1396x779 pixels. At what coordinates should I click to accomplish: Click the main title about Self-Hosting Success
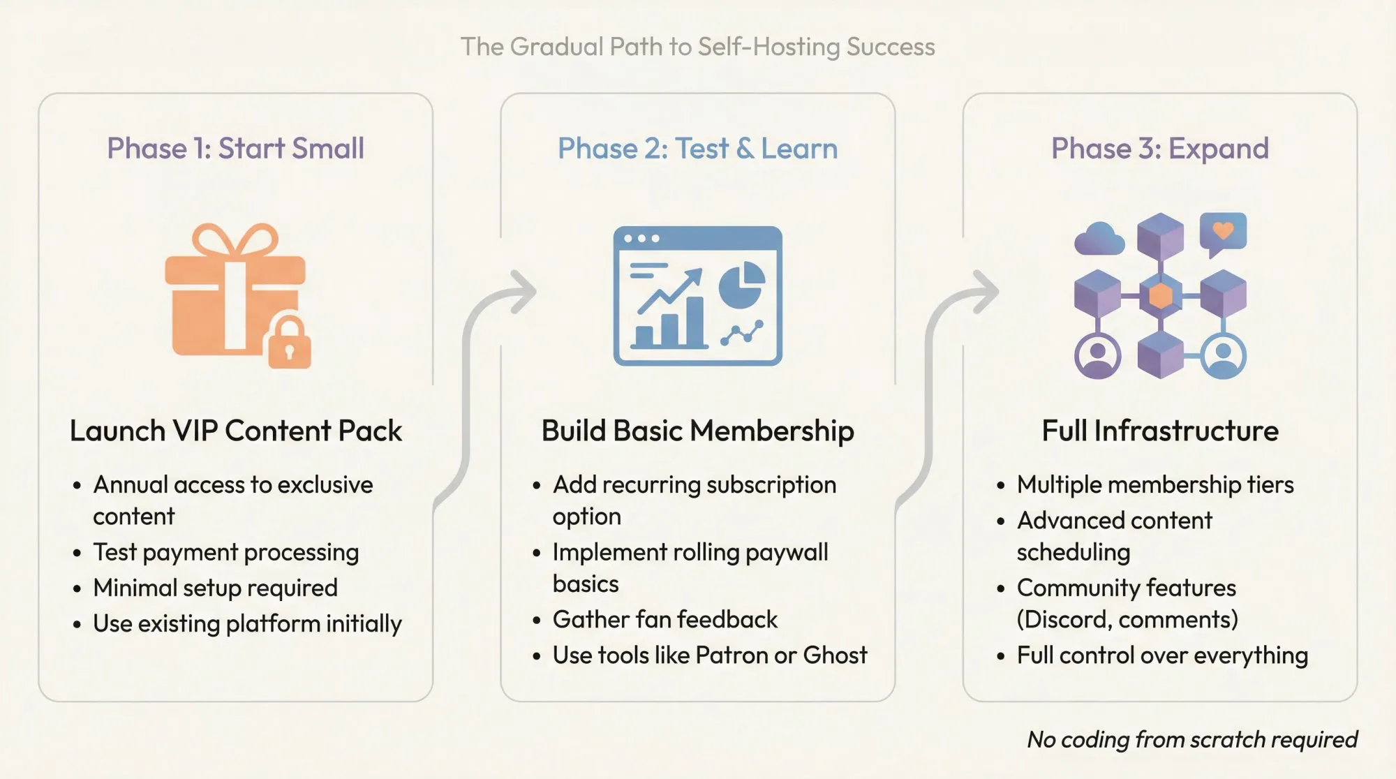point(697,47)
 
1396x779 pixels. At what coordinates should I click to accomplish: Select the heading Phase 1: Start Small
point(235,149)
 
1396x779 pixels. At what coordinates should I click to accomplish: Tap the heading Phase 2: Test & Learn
point(697,149)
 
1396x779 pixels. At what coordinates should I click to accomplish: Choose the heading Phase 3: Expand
point(1159,149)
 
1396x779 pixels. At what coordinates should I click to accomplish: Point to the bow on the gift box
point(235,239)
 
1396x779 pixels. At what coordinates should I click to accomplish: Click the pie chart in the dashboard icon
point(741,285)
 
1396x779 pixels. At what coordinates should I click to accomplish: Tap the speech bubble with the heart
point(1223,233)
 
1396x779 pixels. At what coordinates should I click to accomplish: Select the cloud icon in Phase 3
point(1099,239)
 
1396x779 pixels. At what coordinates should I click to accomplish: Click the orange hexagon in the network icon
point(1160,296)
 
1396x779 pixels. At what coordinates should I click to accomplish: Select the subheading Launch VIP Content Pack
point(235,431)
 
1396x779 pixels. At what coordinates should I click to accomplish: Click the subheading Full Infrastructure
point(1159,431)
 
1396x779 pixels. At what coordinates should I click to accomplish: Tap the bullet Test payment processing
point(225,552)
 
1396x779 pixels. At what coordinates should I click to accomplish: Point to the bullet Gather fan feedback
point(664,619)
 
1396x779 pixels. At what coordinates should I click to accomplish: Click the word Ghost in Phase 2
point(835,655)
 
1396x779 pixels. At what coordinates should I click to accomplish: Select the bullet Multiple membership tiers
point(1154,484)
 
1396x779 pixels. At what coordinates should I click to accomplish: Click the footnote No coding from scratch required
point(1191,739)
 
